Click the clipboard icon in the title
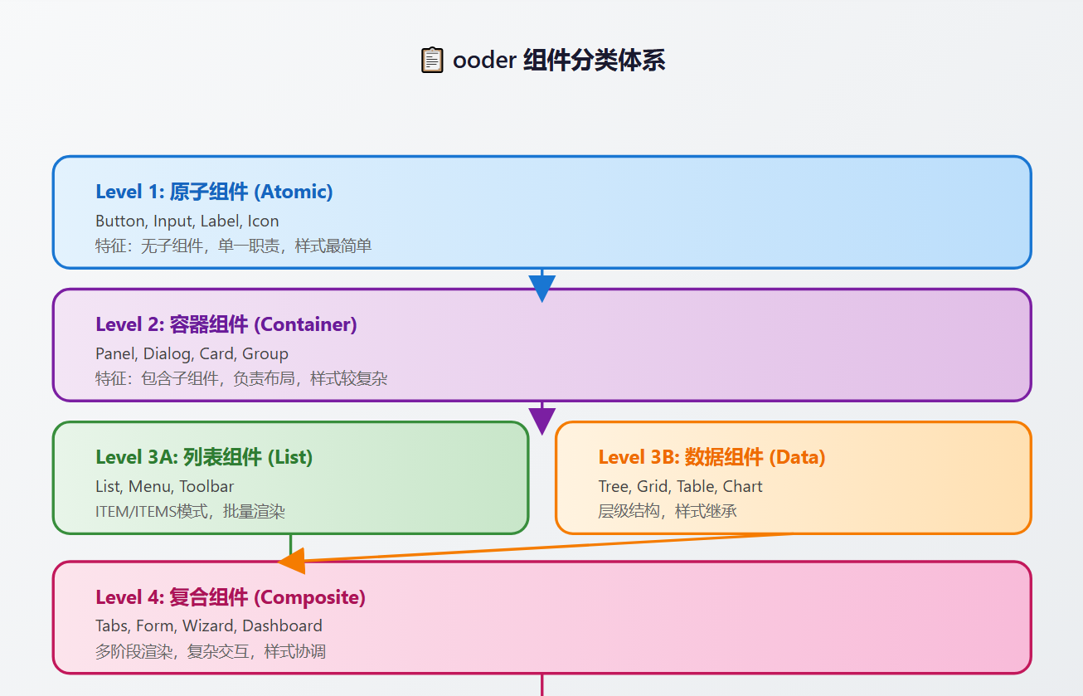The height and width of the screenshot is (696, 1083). tap(432, 61)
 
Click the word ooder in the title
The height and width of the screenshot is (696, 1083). tap(483, 61)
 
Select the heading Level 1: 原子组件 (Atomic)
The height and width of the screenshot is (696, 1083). tap(214, 192)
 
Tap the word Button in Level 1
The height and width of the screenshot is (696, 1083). tap(120, 221)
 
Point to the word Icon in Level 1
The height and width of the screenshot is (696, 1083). tap(263, 221)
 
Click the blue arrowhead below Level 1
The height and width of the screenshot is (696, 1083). tap(541, 287)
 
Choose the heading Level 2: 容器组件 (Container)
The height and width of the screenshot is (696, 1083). tap(226, 324)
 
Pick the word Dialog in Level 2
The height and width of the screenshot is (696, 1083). tap(167, 353)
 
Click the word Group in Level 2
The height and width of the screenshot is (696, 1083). tap(265, 353)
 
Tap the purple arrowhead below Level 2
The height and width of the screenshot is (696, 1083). tap(541, 420)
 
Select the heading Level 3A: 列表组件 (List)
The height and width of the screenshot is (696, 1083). tap(204, 457)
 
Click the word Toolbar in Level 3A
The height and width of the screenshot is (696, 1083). tap(206, 486)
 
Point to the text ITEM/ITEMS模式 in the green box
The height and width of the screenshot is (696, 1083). tap(152, 511)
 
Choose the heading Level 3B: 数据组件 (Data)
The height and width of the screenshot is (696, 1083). tap(711, 457)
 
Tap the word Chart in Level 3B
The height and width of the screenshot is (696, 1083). tap(742, 486)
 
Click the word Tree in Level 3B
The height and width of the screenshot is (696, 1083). tap(614, 486)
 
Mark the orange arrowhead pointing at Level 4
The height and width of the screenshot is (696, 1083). tap(293, 562)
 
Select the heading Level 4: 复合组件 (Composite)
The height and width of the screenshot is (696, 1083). tap(231, 597)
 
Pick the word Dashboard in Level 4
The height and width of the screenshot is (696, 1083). tap(282, 625)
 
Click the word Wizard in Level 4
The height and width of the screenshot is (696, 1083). tap(208, 625)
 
